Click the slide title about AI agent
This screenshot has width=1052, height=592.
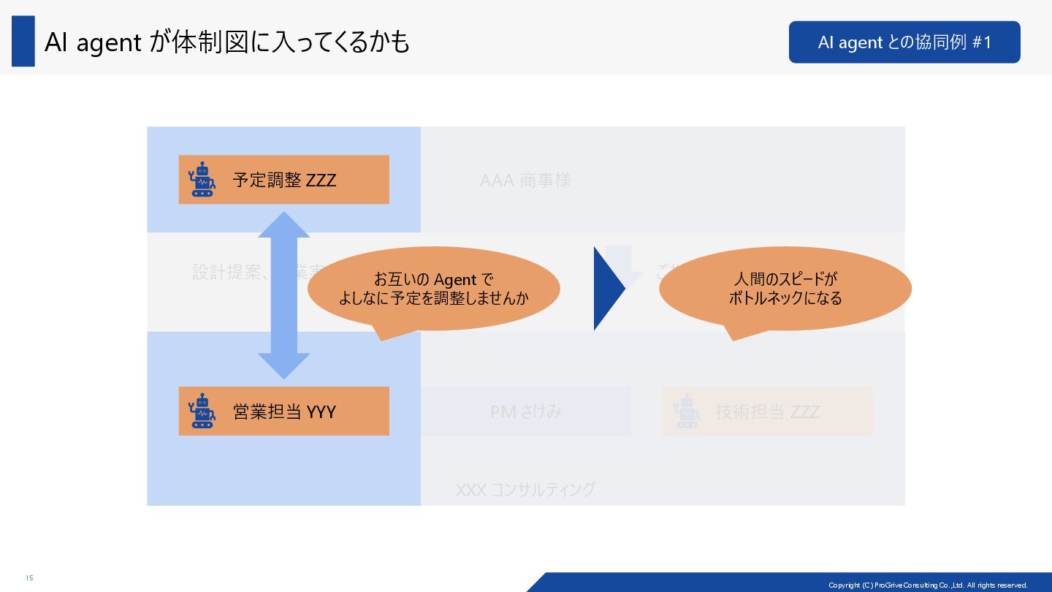click(x=226, y=42)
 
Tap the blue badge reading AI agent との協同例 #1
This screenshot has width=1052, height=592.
click(x=904, y=42)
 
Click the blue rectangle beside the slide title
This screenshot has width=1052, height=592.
click(x=23, y=42)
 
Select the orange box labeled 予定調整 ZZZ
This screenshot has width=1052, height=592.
click(x=283, y=180)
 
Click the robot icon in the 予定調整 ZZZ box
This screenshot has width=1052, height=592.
click(x=202, y=180)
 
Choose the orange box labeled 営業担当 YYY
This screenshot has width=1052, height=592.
click(x=283, y=411)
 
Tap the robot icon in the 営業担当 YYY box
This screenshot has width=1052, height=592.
click(x=202, y=411)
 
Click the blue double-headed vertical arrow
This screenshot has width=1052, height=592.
click(x=283, y=295)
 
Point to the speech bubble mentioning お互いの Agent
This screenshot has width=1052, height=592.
click(x=433, y=289)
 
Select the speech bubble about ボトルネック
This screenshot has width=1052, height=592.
click(x=785, y=289)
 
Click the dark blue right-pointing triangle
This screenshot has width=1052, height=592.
click(x=607, y=289)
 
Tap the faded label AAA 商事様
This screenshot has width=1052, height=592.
click(x=525, y=181)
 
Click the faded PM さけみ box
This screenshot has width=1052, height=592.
click(x=525, y=411)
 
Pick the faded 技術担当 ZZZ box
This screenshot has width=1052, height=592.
click(x=767, y=411)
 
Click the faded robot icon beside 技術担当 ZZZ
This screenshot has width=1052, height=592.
click(x=686, y=411)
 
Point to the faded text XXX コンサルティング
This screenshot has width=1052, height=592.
click(x=525, y=490)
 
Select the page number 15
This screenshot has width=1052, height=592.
click(x=29, y=578)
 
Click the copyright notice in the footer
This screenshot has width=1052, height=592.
click(x=928, y=585)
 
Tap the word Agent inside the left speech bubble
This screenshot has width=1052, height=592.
click(x=454, y=280)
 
